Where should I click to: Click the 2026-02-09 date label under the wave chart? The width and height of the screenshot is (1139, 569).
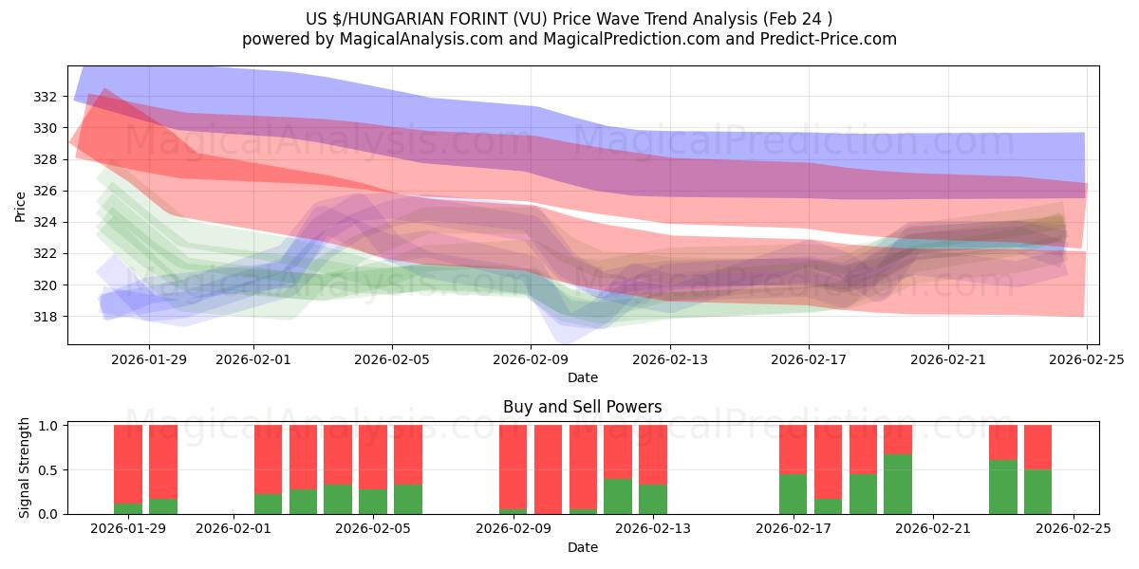[532, 359]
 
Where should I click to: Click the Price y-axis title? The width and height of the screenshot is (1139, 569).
[20, 205]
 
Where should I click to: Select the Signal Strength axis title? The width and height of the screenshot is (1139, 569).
[25, 468]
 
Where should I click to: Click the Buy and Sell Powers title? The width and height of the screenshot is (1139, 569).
[582, 407]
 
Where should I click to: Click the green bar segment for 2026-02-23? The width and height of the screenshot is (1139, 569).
[1002, 487]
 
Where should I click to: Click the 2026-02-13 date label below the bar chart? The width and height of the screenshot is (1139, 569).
[653, 528]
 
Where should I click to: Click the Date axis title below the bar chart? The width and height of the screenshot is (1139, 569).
[582, 547]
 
